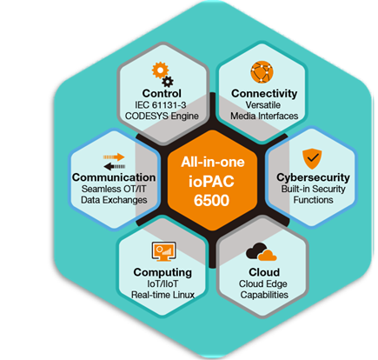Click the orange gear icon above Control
click(160, 70)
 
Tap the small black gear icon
click(168, 82)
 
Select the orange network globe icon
click(262, 72)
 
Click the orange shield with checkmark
click(312, 159)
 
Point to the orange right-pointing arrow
click(114, 157)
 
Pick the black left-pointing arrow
click(115, 166)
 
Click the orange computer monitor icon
click(164, 251)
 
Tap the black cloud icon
click(256, 250)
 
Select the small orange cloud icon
click(268, 255)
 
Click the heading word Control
click(162, 93)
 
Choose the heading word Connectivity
click(264, 93)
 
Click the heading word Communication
click(114, 177)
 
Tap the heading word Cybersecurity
click(313, 177)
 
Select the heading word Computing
click(162, 272)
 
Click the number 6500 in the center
click(211, 200)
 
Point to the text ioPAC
click(211, 182)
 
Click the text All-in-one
click(213, 162)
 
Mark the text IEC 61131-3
click(161, 105)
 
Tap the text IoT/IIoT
click(162, 283)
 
